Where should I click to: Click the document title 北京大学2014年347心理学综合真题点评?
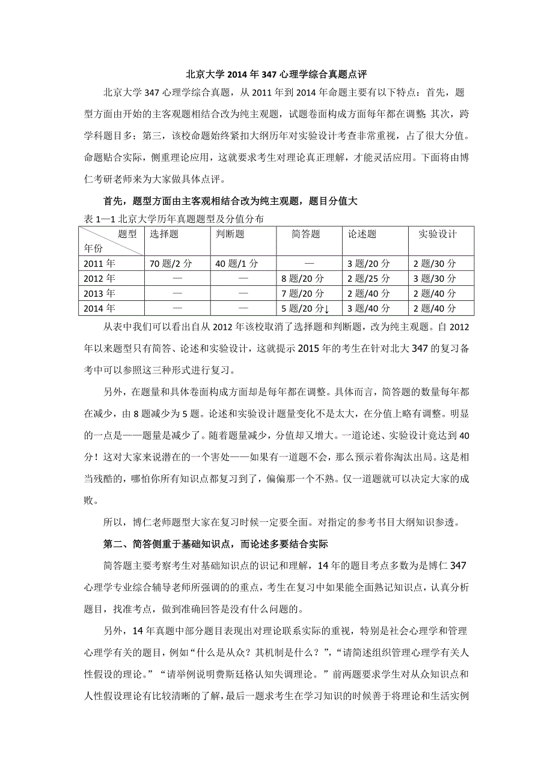(276, 75)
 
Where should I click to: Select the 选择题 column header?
(164, 234)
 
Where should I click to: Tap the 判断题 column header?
(230, 234)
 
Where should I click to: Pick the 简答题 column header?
(305, 234)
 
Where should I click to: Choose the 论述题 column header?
(362, 234)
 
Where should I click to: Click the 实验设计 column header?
(437, 234)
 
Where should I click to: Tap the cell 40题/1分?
(237, 263)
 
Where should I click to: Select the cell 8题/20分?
(303, 278)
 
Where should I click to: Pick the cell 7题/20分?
(303, 293)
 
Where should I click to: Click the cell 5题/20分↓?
(305, 308)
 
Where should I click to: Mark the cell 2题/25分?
(369, 278)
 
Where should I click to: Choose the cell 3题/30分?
(435, 278)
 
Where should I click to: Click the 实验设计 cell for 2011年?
(435, 263)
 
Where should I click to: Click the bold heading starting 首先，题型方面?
(230, 202)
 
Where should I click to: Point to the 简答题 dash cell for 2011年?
(310, 263)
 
